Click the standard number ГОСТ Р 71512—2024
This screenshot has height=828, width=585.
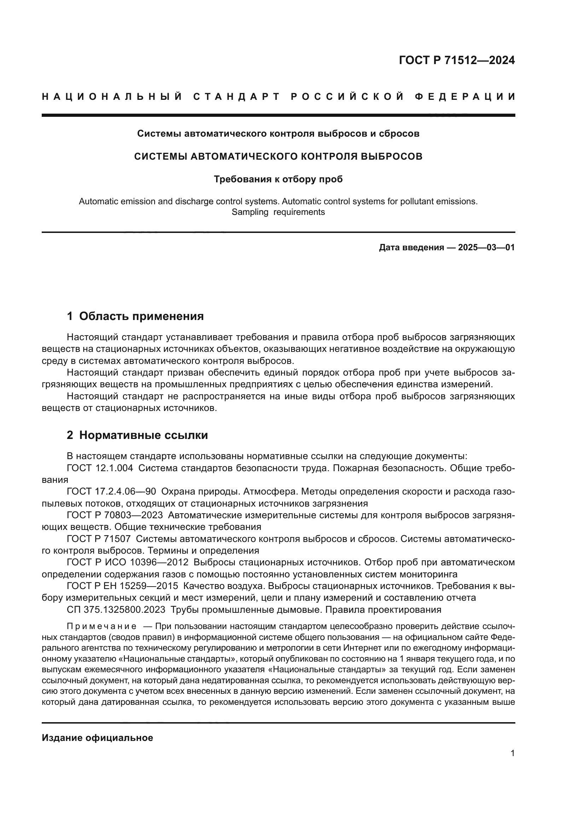pyautogui.click(x=457, y=60)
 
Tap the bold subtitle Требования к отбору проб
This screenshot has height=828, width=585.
pyautogui.click(x=278, y=179)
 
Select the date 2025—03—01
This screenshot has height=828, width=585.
pyautogui.click(x=486, y=247)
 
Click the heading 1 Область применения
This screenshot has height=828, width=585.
pyautogui.click(x=135, y=316)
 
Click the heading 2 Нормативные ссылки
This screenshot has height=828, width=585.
pyautogui.click(x=137, y=435)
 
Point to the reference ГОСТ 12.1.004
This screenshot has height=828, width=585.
pyautogui.click(x=100, y=468)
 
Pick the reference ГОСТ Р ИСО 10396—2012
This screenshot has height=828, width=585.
pyautogui.click(x=128, y=562)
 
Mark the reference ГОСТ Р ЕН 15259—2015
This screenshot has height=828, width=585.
pyautogui.click(x=122, y=586)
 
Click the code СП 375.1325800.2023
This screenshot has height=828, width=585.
pyautogui.click(x=116, y=610)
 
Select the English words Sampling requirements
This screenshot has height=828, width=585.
pyautogui.click(x=278, y=212)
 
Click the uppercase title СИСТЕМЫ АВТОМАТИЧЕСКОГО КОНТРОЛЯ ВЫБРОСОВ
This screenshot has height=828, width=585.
pyautogui.click(x=278, y=156)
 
